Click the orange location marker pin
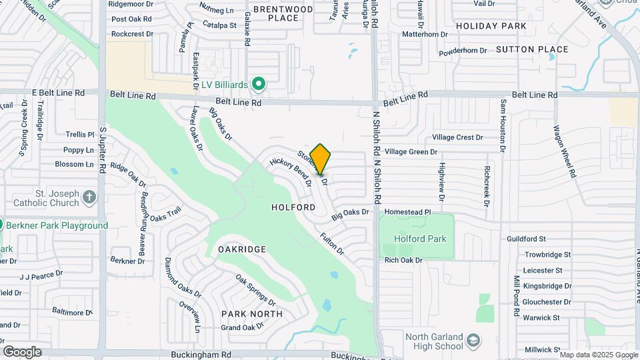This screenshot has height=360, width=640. point(321,159)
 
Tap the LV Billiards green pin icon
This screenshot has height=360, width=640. point(259,85)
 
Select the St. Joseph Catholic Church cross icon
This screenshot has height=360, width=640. point(90,197)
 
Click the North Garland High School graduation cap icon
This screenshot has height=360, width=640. point(473,340)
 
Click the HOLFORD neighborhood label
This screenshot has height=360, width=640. point(293,207)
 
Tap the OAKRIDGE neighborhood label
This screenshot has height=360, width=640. point(242,249)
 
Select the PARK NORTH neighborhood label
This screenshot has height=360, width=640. point(252,313)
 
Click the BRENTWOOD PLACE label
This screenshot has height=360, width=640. point(283,13)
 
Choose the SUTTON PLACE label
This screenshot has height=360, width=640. point(532,49)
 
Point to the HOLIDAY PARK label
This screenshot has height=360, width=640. point(491,26)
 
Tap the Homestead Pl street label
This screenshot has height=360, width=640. point(408,211)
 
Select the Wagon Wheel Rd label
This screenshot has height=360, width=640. point(563,151)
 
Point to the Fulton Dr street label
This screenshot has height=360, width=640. point(331,243)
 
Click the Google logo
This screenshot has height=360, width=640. point(22,352)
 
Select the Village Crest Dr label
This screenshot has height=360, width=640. point(457,137)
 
